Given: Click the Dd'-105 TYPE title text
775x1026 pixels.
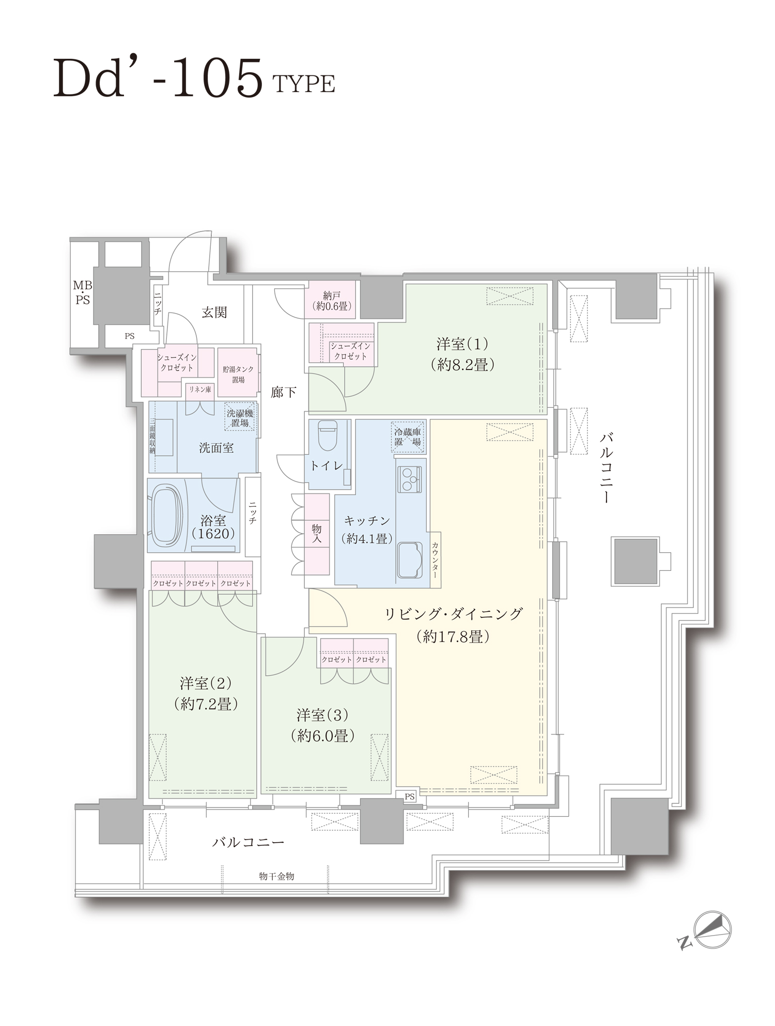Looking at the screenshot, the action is [194, 79].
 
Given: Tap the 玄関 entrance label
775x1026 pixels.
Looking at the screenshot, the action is [214, 312].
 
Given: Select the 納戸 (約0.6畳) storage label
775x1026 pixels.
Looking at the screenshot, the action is [332, 301].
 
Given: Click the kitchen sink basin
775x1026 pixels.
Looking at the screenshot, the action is [409, 559].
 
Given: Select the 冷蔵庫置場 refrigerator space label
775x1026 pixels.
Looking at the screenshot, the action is [408, 437].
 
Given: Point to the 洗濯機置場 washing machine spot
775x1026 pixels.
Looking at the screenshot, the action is [240, 418].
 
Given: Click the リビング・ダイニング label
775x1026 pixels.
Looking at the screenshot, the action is [454, 614].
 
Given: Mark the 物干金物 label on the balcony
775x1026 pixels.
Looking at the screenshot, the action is [276, 876].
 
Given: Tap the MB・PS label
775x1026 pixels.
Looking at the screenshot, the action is [82, 292].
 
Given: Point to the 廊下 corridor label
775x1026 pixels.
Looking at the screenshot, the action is [283, 393].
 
